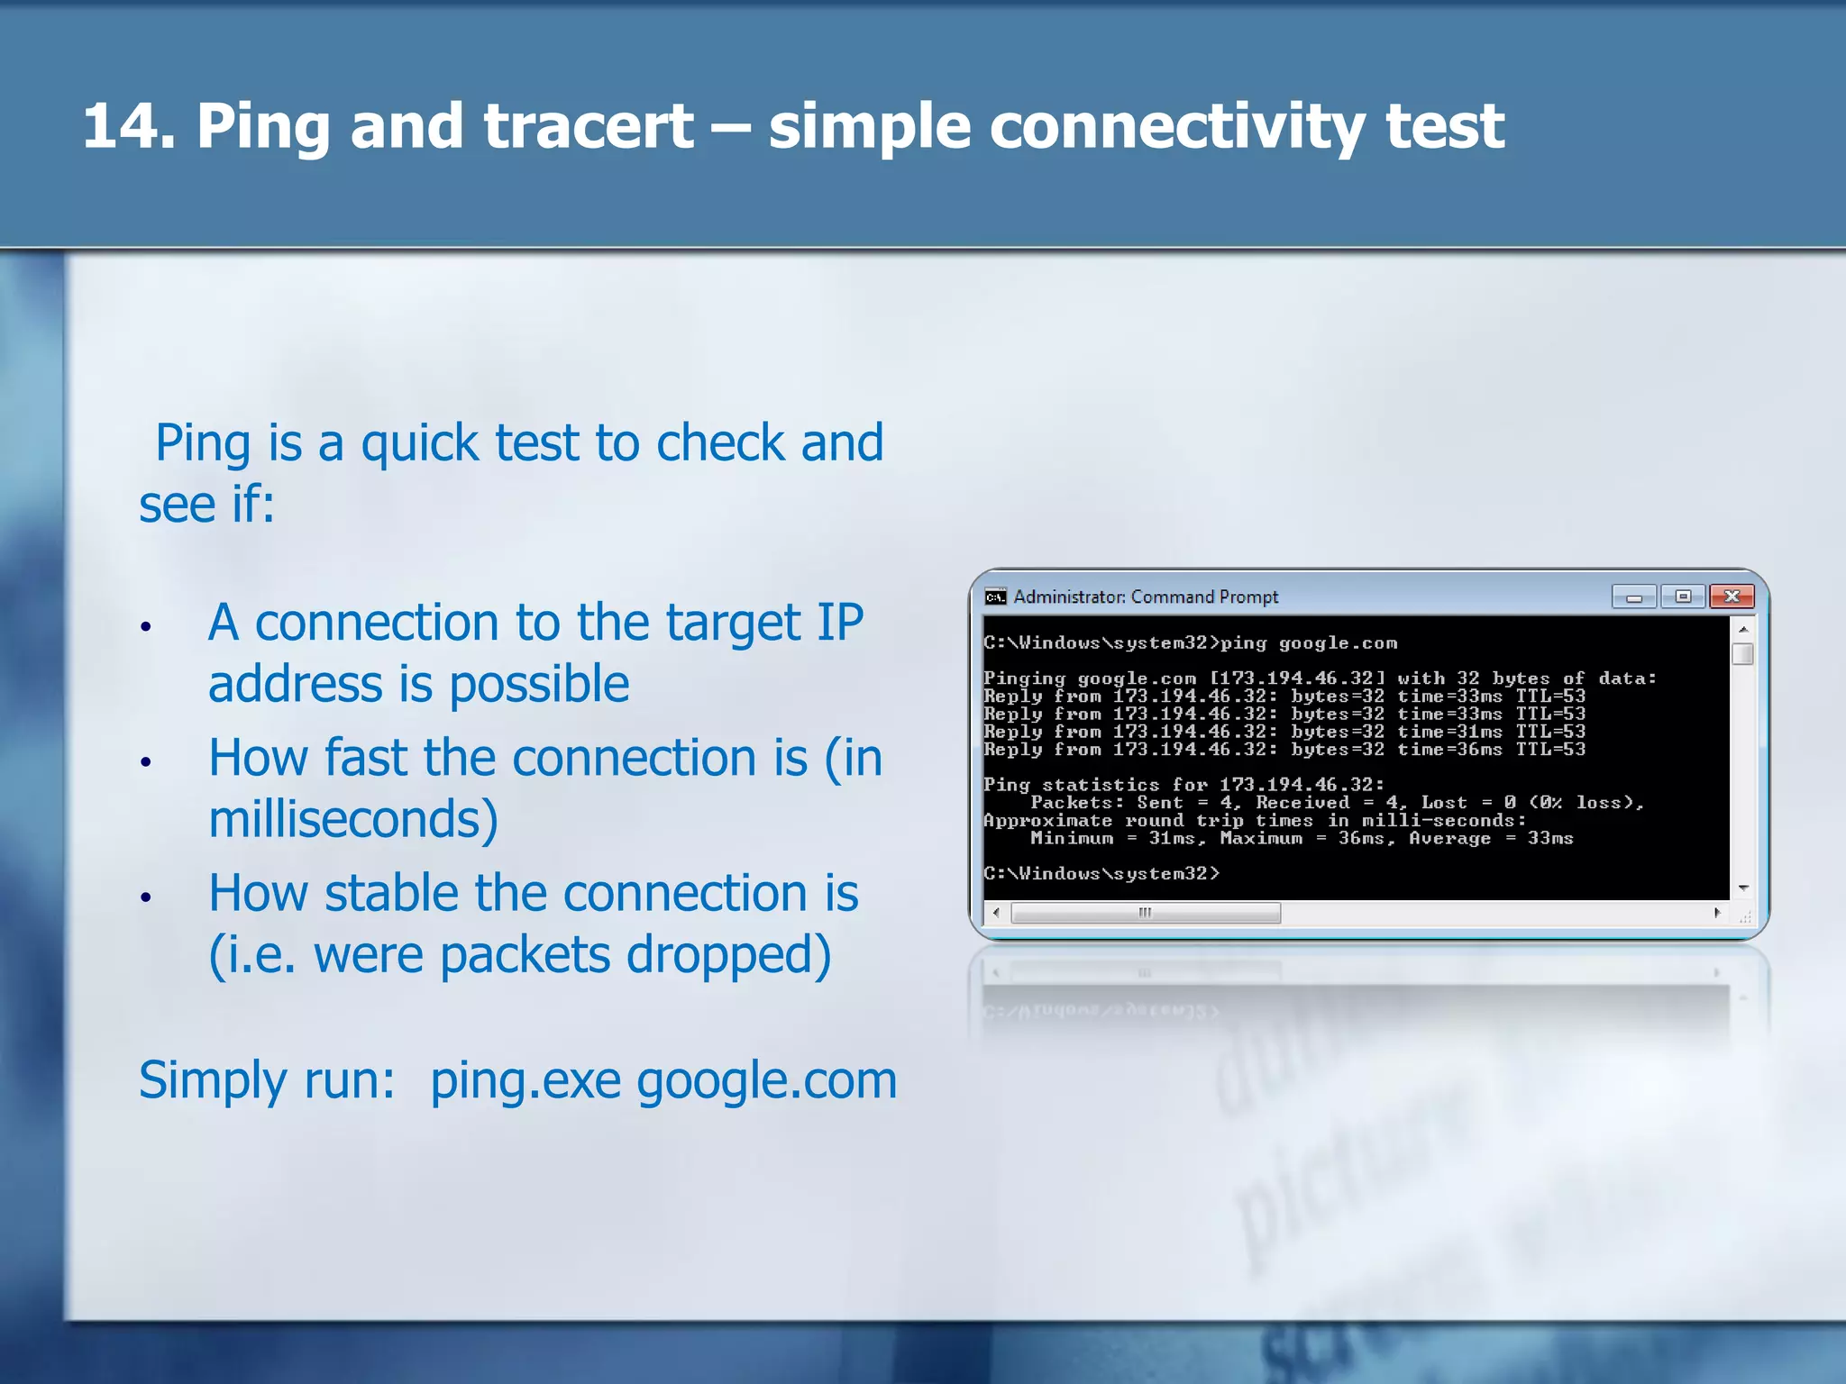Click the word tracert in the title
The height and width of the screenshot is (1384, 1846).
[x=588, y=126]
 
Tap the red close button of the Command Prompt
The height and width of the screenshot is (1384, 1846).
[x=1731, y=596]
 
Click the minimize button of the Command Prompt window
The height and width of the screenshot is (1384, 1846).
[x=1633, y=596]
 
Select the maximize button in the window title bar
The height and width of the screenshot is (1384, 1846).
[x=1682, y=596]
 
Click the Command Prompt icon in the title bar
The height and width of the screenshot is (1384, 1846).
[x=995, y=596]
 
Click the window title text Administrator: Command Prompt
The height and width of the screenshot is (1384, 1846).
[x=1145, y=596]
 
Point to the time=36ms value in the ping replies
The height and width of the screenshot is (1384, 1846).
[x=1449, y=750]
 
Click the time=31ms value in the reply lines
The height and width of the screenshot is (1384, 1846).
[x=1449, y=732]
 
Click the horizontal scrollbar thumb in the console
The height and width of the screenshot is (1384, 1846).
[x=1145, y=913]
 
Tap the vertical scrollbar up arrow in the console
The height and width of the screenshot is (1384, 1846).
[x=1743, y=629]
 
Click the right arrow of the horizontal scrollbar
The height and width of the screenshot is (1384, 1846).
[x=1717, y=913]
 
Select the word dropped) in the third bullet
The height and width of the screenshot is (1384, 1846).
[x=728, y=955]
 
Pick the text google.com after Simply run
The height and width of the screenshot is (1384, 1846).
[x=766, y=1080]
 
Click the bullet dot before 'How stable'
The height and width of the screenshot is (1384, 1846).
[x=146, y=897]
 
